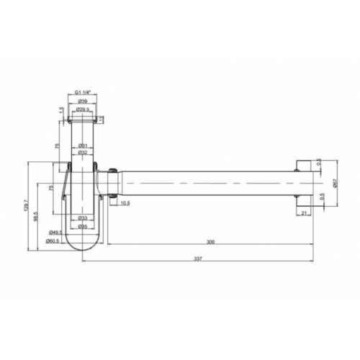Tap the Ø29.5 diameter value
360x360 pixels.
pos(83,109)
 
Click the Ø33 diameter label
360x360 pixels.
pos(83,218)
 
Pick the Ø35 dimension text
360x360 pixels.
pos(83,226)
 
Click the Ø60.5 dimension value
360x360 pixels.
pos(52,240)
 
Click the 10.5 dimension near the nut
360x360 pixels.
pos(125,204)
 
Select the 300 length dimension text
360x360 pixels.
pos(210,243)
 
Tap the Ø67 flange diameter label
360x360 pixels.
pos(335,184)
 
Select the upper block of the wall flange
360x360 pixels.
pos(303,163)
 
